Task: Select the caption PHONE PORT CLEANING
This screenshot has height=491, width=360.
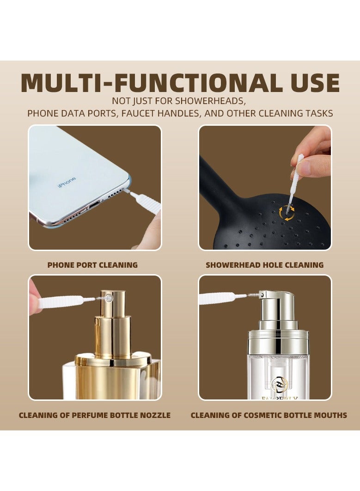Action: pos(92,265)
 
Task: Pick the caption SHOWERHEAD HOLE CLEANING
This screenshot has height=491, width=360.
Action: pos(264,265)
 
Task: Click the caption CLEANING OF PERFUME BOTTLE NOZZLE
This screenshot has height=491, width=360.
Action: pos(95,415)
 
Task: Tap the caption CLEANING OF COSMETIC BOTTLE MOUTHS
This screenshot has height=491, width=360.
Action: pos(269,415)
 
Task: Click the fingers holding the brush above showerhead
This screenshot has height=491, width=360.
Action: pos(314,153)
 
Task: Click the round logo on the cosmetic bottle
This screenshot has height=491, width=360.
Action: pos(280,383)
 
